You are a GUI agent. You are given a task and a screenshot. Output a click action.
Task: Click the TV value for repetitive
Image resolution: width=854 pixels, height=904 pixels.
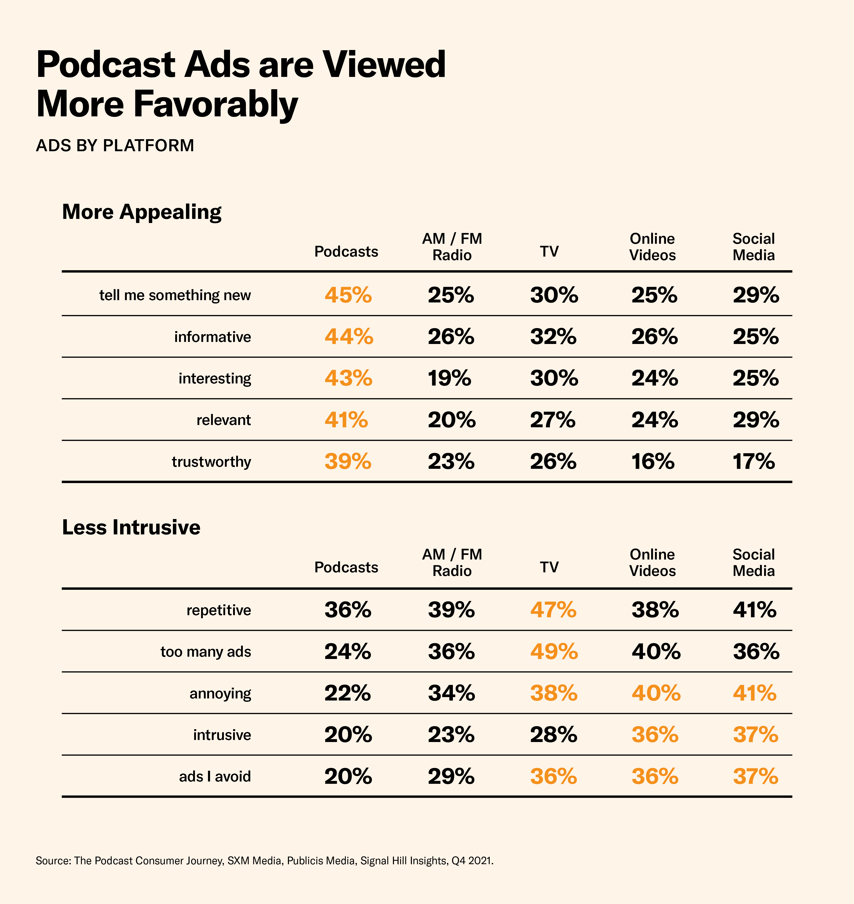coord(553,610)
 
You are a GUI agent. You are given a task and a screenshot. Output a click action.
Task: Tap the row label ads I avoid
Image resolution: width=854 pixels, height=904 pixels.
coord(215,776)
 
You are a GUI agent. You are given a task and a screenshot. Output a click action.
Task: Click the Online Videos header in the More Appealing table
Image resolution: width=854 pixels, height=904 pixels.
coord(652,247)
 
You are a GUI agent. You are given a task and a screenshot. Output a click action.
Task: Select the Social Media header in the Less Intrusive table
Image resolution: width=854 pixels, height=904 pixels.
coord(753,562)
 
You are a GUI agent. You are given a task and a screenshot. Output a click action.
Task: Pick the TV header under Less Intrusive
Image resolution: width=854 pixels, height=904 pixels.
coord(549,567)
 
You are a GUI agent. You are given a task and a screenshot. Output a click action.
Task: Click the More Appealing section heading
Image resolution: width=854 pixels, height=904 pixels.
coord(142,212)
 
